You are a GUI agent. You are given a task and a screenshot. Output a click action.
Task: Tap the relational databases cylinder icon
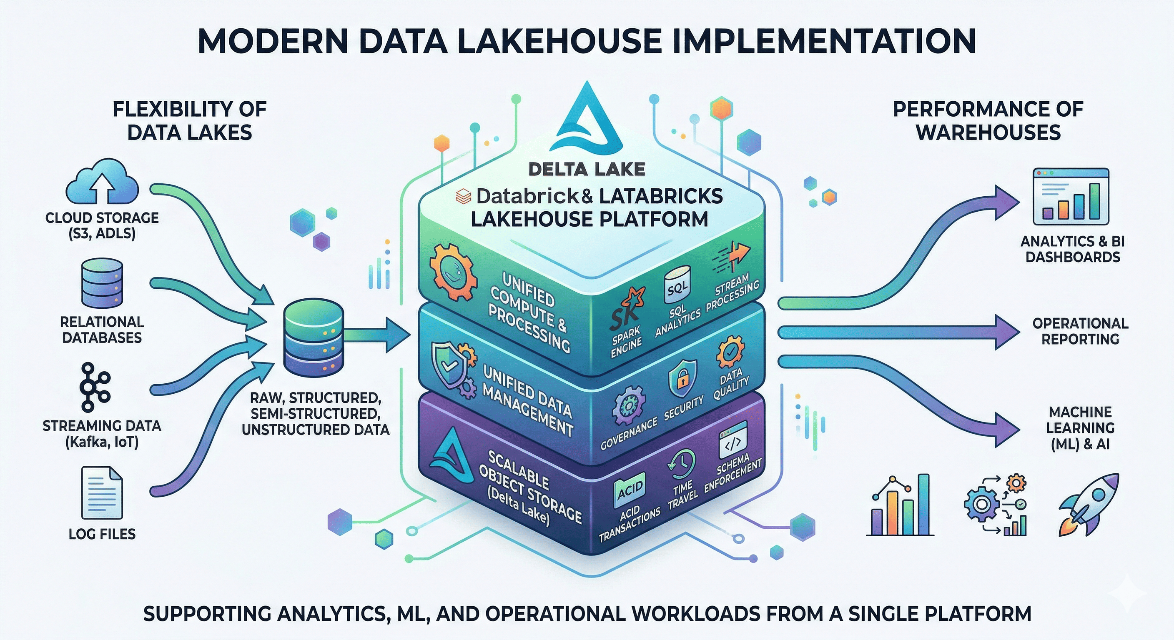pyautogui.click(x=102, y=283)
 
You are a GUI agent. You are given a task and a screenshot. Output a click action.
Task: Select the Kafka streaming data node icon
pyautogui.click(x=94, y=387)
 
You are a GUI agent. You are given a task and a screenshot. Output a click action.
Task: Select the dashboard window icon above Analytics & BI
pyautogui.click(x=1071, y=197)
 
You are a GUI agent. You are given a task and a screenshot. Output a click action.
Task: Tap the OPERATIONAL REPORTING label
pyautogui.click(x=1080, y=331)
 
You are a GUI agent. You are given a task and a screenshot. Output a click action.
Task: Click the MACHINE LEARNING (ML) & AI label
pyautogui.click(x=1080, y=428)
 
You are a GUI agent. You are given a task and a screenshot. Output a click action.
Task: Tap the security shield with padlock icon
pyautogui.click(x=682, y=378)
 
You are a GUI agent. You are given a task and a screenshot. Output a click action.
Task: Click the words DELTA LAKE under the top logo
pyautogui.click(x=587, y=170)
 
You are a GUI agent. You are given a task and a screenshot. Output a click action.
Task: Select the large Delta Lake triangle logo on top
pyautogui.click(x=587, y=121)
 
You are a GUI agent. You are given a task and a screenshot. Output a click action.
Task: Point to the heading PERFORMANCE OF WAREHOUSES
pyautogui.click(x=988, y=121)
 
